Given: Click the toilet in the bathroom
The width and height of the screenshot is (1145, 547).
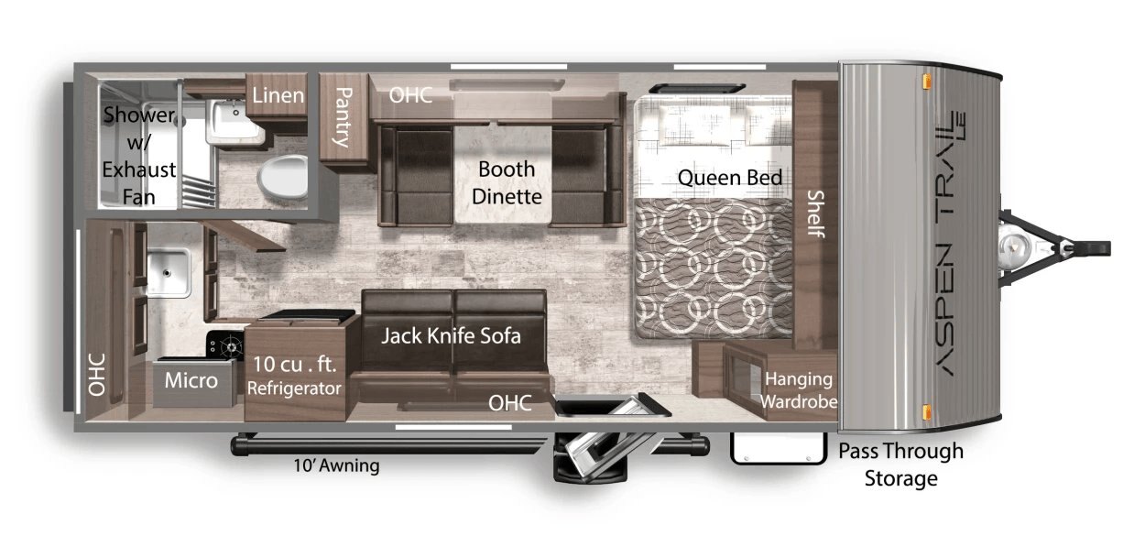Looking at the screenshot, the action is [x=283, y=176].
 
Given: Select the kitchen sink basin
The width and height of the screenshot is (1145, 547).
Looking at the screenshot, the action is [x=169, y=272].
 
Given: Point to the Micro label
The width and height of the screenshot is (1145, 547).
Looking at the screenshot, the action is [x=191, y=380].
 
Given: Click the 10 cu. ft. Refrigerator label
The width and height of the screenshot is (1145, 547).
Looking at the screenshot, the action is [x=294, y=376].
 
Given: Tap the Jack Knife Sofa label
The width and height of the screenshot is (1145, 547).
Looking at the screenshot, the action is [x=451, y=336].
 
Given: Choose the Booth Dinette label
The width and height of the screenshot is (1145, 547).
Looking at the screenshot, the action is [x=507, y=182].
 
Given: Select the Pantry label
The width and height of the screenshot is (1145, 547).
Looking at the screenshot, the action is [x=343, y=117].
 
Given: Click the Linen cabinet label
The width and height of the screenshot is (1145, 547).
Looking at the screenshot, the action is [x=278, y=95].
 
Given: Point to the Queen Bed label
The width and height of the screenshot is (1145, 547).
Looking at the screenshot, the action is [x=730, y=178].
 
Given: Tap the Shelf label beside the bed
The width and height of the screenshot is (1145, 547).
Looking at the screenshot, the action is [x=816, y=213].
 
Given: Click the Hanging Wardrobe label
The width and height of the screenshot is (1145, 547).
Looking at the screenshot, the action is [x=799, y=390].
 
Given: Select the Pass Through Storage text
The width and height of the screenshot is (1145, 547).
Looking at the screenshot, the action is [x=901, y=465].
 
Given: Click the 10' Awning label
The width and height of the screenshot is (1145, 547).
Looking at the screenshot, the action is [x=336, y=465].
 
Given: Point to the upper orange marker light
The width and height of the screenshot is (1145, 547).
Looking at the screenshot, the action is [x=926, y=82].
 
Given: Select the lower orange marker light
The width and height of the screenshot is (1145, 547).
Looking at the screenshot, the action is [x=926, y=411].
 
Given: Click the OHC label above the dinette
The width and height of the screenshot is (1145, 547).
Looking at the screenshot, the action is [x=410, y=95].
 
